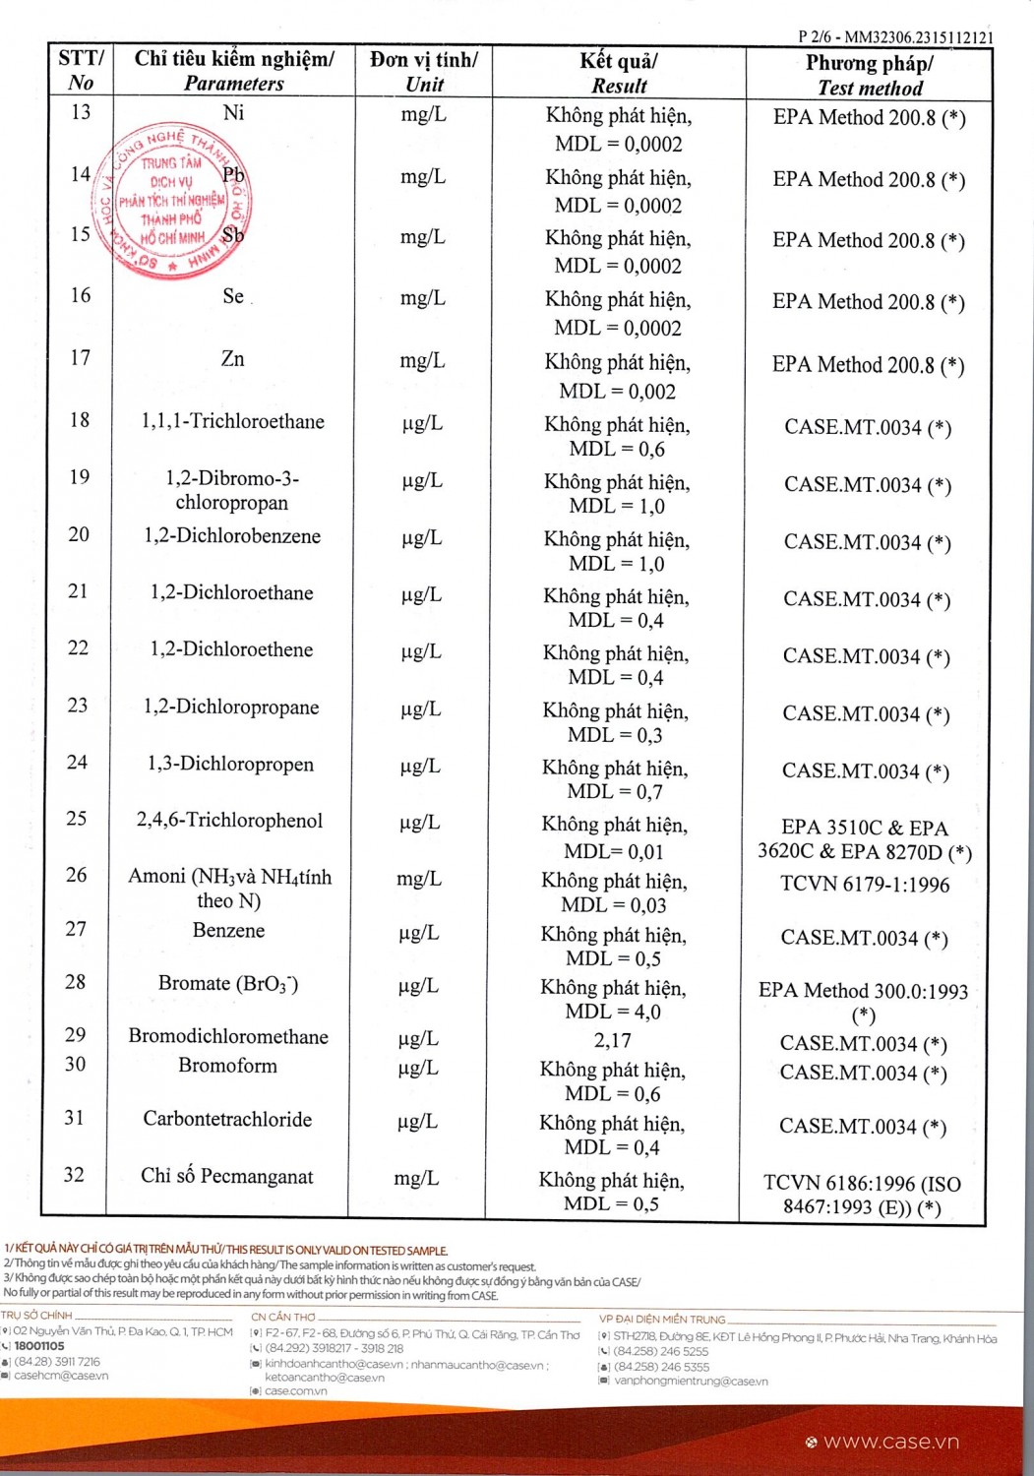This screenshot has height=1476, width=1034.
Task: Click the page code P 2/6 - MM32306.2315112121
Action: pyautogui.click(x=895, y=37)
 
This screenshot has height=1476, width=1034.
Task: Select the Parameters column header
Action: pyautogui.click(x=234, y=71)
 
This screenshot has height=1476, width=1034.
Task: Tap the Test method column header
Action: pyautogui.click(x=870, y=75)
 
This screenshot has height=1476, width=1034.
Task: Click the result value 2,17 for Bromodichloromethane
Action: pyautogui.click(x=612, y=1040)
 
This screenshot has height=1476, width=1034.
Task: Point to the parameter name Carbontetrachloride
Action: pyautogui.click(x=227, y=1119)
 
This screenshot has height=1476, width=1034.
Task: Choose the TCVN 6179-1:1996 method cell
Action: pyautogui.click(x=865, y=884)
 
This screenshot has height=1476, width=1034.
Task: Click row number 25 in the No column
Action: pyautogui.click(x=76, y=819)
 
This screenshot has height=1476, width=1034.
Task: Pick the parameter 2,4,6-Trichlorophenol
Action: pyautogui.click(x=229, y=821)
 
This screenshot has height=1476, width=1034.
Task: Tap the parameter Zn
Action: pyautogui.click(x=232, y=359)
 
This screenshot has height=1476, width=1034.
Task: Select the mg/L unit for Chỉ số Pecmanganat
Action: pyautogui.click(x=416, y=1178)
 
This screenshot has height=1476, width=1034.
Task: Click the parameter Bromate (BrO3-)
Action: pyautogui.click(x=228, y=983)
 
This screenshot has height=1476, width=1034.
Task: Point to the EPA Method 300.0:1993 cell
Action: pyautogui.click(x=863, y=991)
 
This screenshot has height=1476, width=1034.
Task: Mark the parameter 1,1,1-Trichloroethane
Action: pyautogui.click(x=232, y=421)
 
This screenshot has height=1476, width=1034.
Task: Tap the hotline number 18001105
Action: pyautogui.click(x=39, y=1346)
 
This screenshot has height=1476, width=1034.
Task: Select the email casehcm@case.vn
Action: pyautogui.click(x=61, y=1376)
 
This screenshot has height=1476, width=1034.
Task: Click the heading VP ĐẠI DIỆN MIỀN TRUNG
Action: pyautogui.click(x=662, y=1319)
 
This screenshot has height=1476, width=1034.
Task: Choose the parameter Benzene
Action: pyautogui.click(x=228, y=930)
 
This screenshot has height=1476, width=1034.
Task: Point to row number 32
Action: pyautogui.click(x=74, y=1175)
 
